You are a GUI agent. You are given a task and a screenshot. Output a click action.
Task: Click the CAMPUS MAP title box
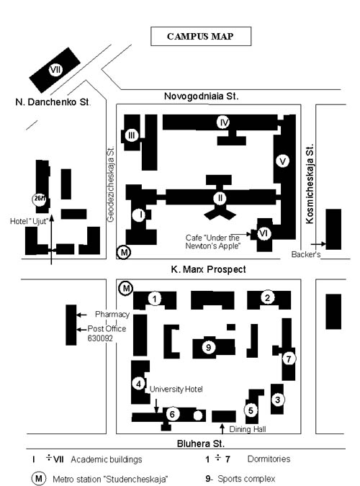(x=201, y=36)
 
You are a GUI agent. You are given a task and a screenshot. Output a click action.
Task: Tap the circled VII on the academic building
(x=55, y=69)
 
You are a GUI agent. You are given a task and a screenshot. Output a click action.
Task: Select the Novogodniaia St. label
(x=202, y=96)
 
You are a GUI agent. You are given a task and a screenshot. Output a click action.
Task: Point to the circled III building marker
(x=132, y=135)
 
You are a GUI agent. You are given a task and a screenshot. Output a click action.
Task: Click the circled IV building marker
(x=223, y=122)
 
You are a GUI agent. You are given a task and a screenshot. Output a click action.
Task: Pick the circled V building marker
(x=282, y=161)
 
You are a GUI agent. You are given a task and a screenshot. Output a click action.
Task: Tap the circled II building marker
(x=220, y=198)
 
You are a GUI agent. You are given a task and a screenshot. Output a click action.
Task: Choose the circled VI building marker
(x=264, y=233)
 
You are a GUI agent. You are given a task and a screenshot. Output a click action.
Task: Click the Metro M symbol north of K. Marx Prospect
(x=124, y=252)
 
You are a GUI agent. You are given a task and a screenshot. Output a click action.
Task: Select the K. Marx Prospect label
(x=208, y=269)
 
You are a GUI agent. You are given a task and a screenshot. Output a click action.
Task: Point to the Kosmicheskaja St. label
(x=310, y=183)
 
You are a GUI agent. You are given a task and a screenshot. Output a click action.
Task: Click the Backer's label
(x=306, y=254)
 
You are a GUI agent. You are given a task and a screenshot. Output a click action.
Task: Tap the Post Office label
(x=107, y=328)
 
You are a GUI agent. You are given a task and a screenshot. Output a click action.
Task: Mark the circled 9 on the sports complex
(x=209, y=348)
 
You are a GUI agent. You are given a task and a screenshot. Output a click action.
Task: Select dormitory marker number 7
(x=289, y=359)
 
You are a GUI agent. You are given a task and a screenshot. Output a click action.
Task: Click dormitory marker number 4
(x=138, y=384)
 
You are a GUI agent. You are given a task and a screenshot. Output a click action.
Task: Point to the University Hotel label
(x=176, y=389)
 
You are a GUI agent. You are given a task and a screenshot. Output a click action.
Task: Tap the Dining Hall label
(x=248, y=429)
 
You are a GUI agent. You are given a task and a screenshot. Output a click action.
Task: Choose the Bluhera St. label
(x=201, y=444)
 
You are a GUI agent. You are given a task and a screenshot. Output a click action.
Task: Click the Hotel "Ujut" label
(x=29, y=221)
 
